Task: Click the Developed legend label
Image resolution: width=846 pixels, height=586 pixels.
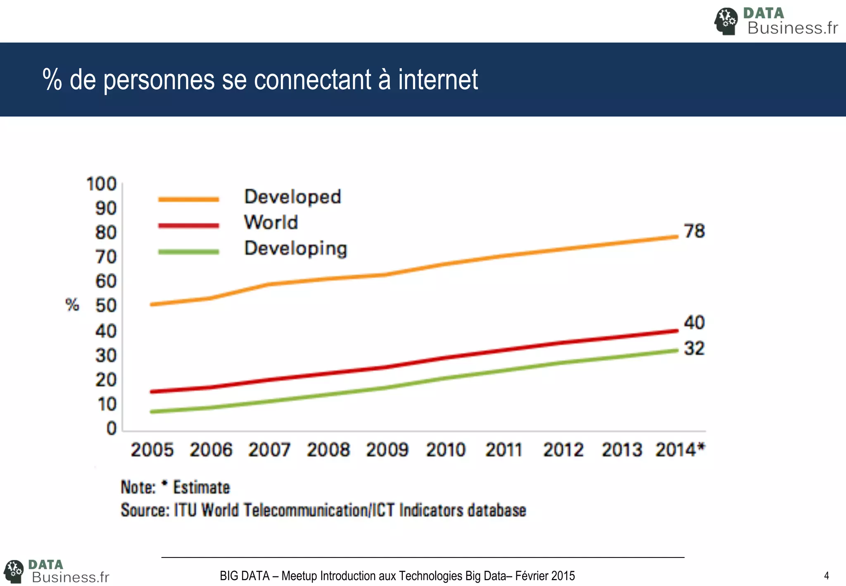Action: (x=292, y=197)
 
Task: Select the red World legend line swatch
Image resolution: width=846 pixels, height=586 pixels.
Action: (x=188, y=226)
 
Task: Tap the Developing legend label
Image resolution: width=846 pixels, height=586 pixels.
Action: (x=296, y=249)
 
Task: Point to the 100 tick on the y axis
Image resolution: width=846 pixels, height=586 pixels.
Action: (x=101, y=184)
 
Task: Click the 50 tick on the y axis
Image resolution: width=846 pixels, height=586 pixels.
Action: (x=106, y=306)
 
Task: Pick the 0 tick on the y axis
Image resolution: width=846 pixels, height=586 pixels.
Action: (x=112, y=428)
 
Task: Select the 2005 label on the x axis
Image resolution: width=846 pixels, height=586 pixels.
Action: (x=152, y=450)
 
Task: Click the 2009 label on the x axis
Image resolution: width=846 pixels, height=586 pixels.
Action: (x=387, y=450)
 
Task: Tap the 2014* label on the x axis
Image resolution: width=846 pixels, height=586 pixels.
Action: (x=680, y=450)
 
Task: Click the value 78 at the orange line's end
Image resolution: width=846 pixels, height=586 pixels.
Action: (x=694, y=231)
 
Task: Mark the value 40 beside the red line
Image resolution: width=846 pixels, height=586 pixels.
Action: (x=694, y=323)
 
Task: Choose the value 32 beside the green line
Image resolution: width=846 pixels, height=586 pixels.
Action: (x=694, y=348)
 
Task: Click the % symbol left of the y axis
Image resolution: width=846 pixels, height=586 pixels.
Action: (x=72, y=305)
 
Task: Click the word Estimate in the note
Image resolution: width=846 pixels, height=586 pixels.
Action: (x=201, y=487)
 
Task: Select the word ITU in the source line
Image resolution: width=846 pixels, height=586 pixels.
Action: (x=185, y=510)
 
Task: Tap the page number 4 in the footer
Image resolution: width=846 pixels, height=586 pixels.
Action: (x=826, y=576)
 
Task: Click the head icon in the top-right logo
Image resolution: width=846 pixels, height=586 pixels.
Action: (x=726, y=21)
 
